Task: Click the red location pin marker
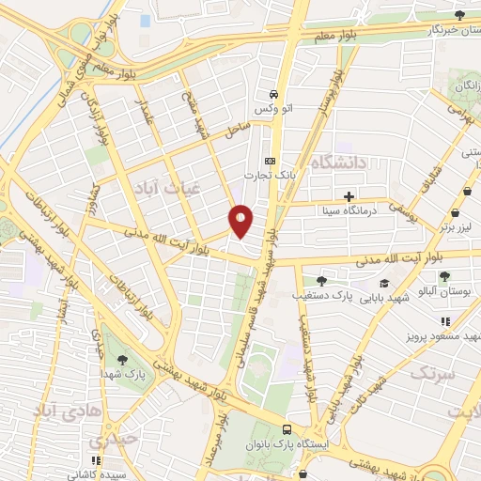[241, 220]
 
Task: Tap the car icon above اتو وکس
[273, 94]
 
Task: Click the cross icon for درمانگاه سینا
[349, 196]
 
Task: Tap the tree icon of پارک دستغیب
[322, 280]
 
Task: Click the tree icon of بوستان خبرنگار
[459, 15]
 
